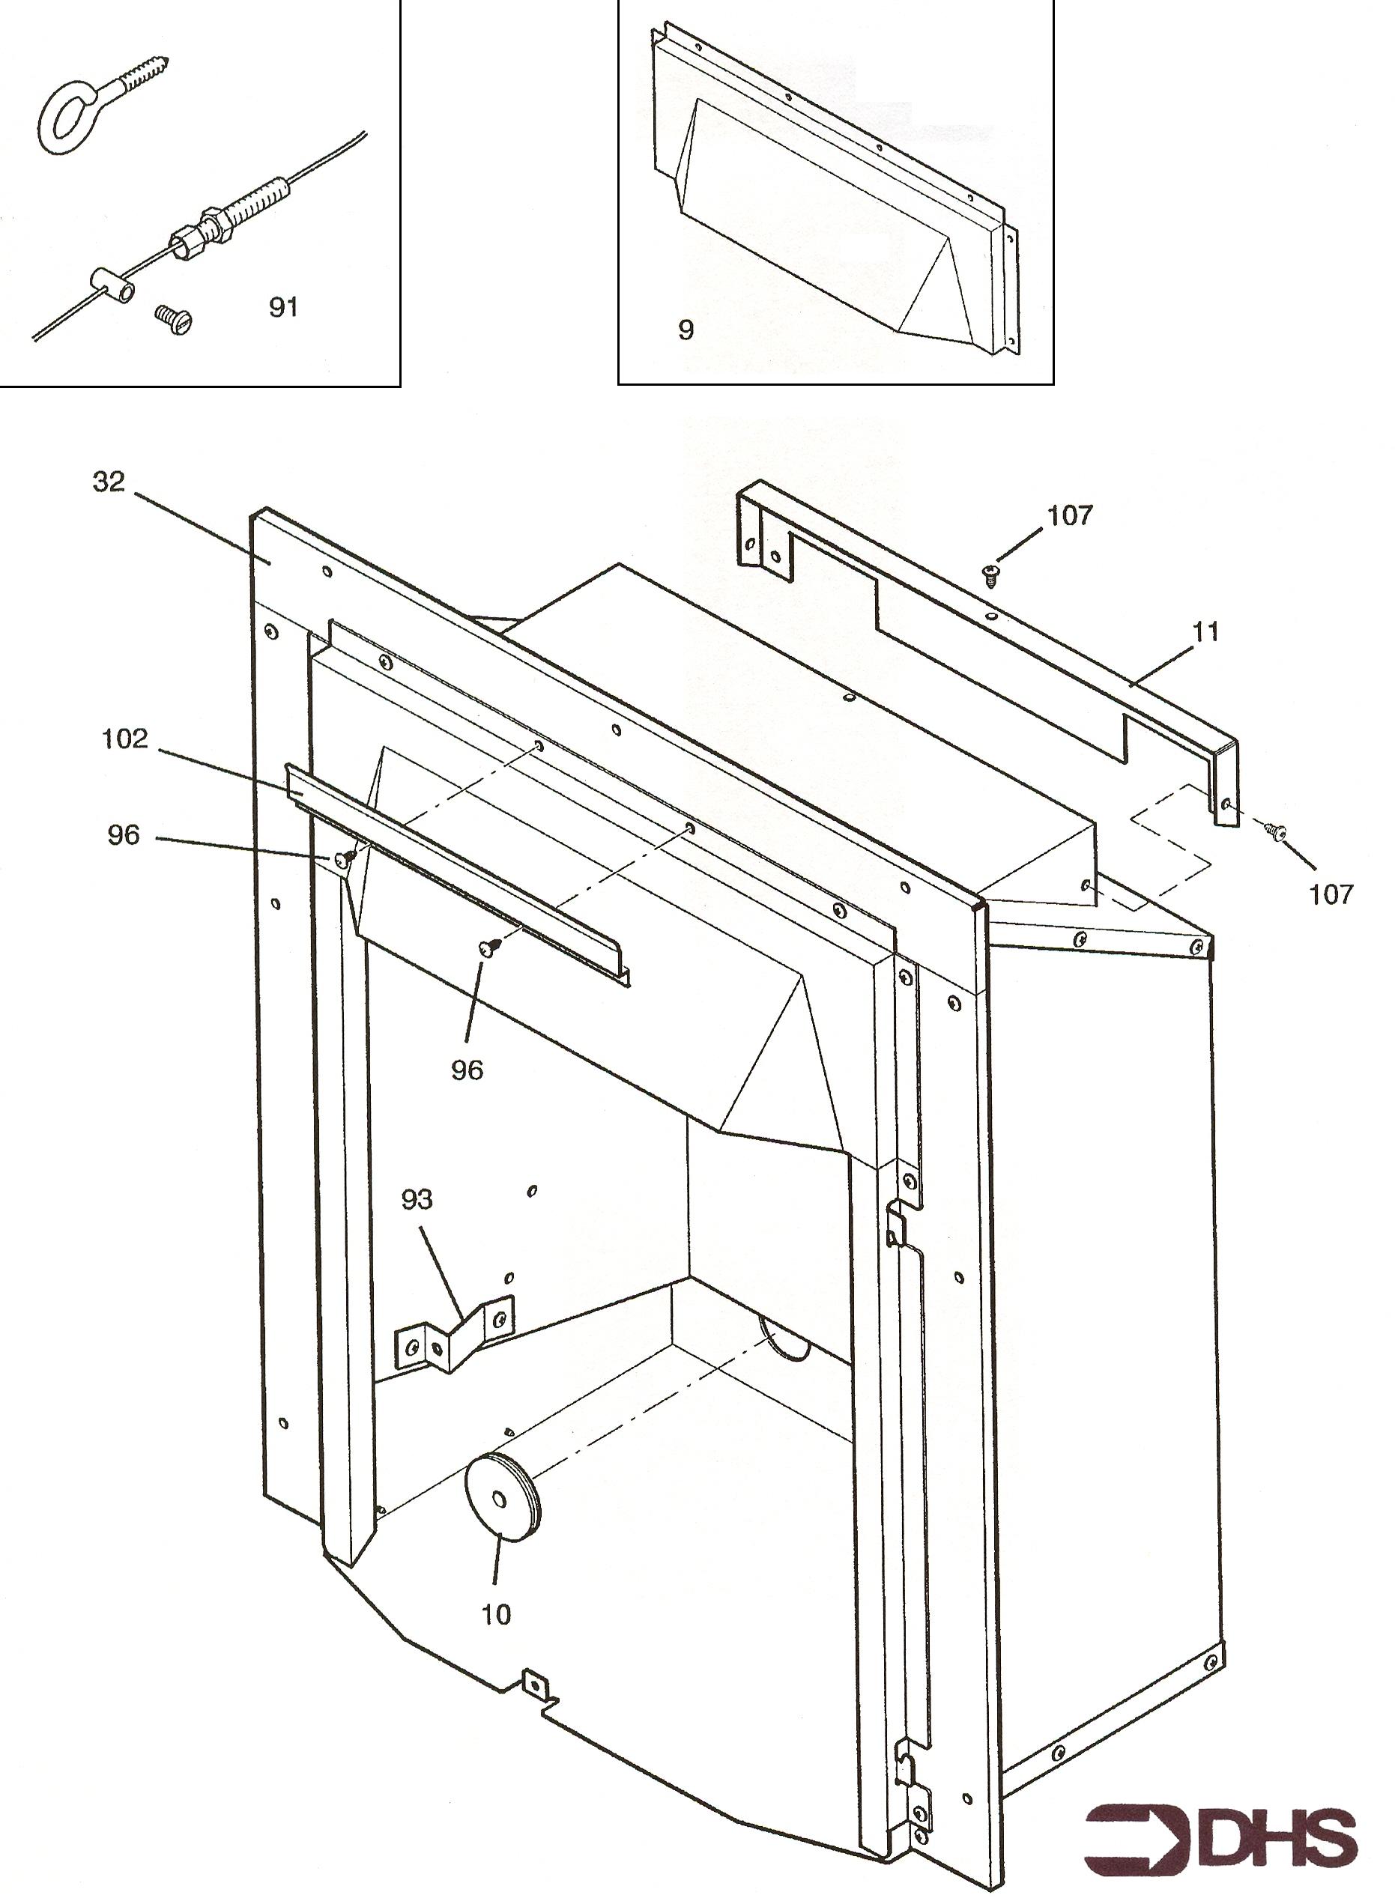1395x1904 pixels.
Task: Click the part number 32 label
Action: (109, 482)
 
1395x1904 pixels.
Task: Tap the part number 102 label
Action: (125, 739)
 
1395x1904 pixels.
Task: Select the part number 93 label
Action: (417, 1199)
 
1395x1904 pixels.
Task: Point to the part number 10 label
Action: (497, 1614)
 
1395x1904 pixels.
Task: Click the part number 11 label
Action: (1207, 631)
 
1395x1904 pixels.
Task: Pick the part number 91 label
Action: (284, 307)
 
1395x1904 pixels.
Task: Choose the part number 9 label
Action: (686, 330)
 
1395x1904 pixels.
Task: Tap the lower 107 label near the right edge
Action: (1331, 894)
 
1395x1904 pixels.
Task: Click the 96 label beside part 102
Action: (124, 835)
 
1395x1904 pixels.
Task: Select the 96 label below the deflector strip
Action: (467, 1070)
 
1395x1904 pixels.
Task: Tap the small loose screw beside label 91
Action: (174, 319)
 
